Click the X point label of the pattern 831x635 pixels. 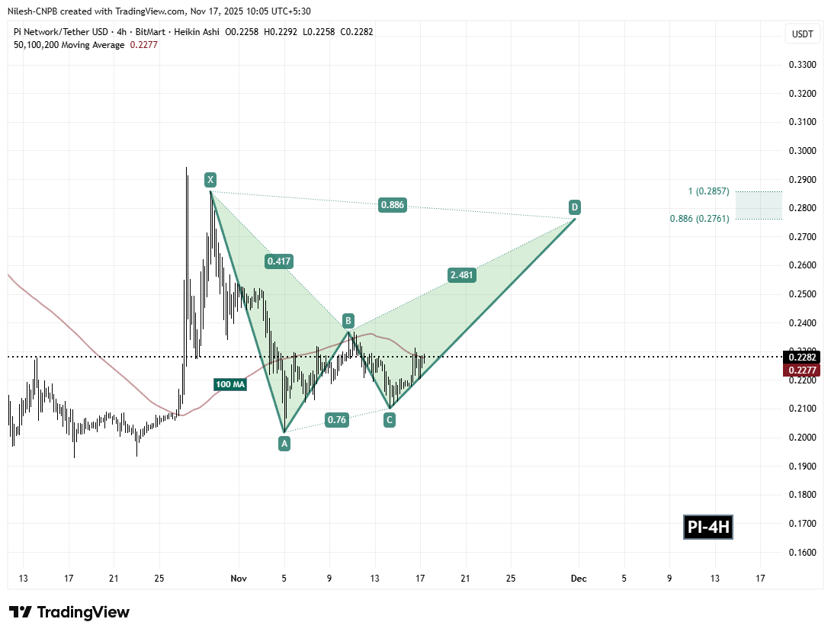210,180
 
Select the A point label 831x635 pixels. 284,442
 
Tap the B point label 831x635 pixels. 347,320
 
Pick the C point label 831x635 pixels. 390,419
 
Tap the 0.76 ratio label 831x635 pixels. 336,419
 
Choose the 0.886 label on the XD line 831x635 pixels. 392,204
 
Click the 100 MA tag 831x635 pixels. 229,385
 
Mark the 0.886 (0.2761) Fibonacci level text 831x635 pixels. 700,219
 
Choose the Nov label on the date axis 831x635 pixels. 239,578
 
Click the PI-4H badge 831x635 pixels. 707,527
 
